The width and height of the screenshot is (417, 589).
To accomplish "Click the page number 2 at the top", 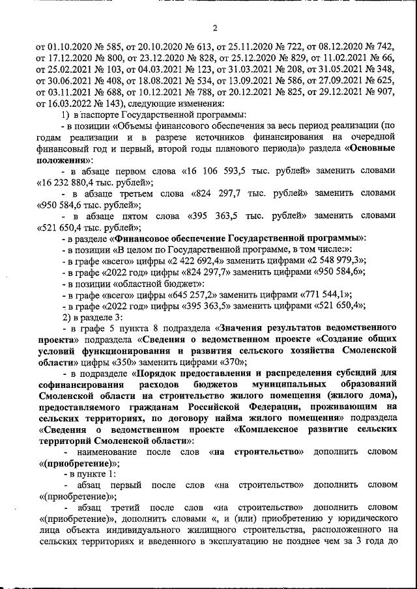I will (x=214, y=28).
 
